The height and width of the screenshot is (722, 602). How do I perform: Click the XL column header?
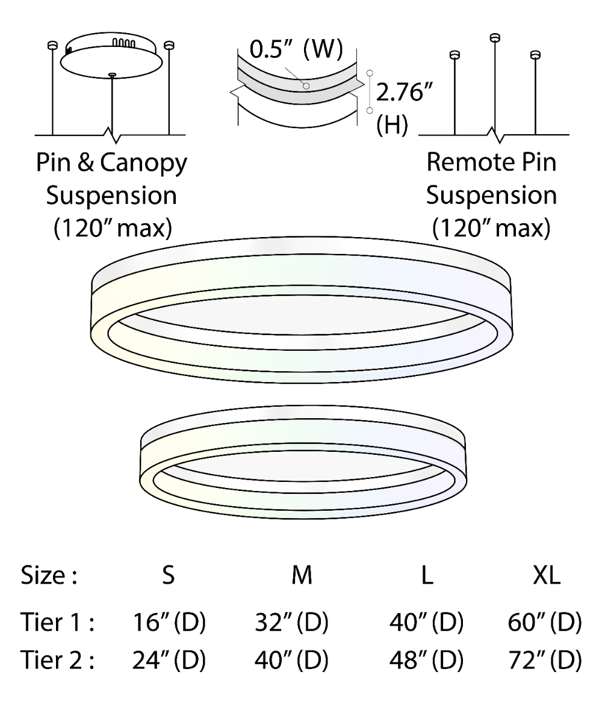click(547, 576)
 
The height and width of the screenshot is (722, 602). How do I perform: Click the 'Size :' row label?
click(49, 576)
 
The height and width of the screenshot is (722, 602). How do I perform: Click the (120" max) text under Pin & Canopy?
click(112, 229)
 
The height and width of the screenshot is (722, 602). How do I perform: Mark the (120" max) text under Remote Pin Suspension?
click(491, 229)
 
